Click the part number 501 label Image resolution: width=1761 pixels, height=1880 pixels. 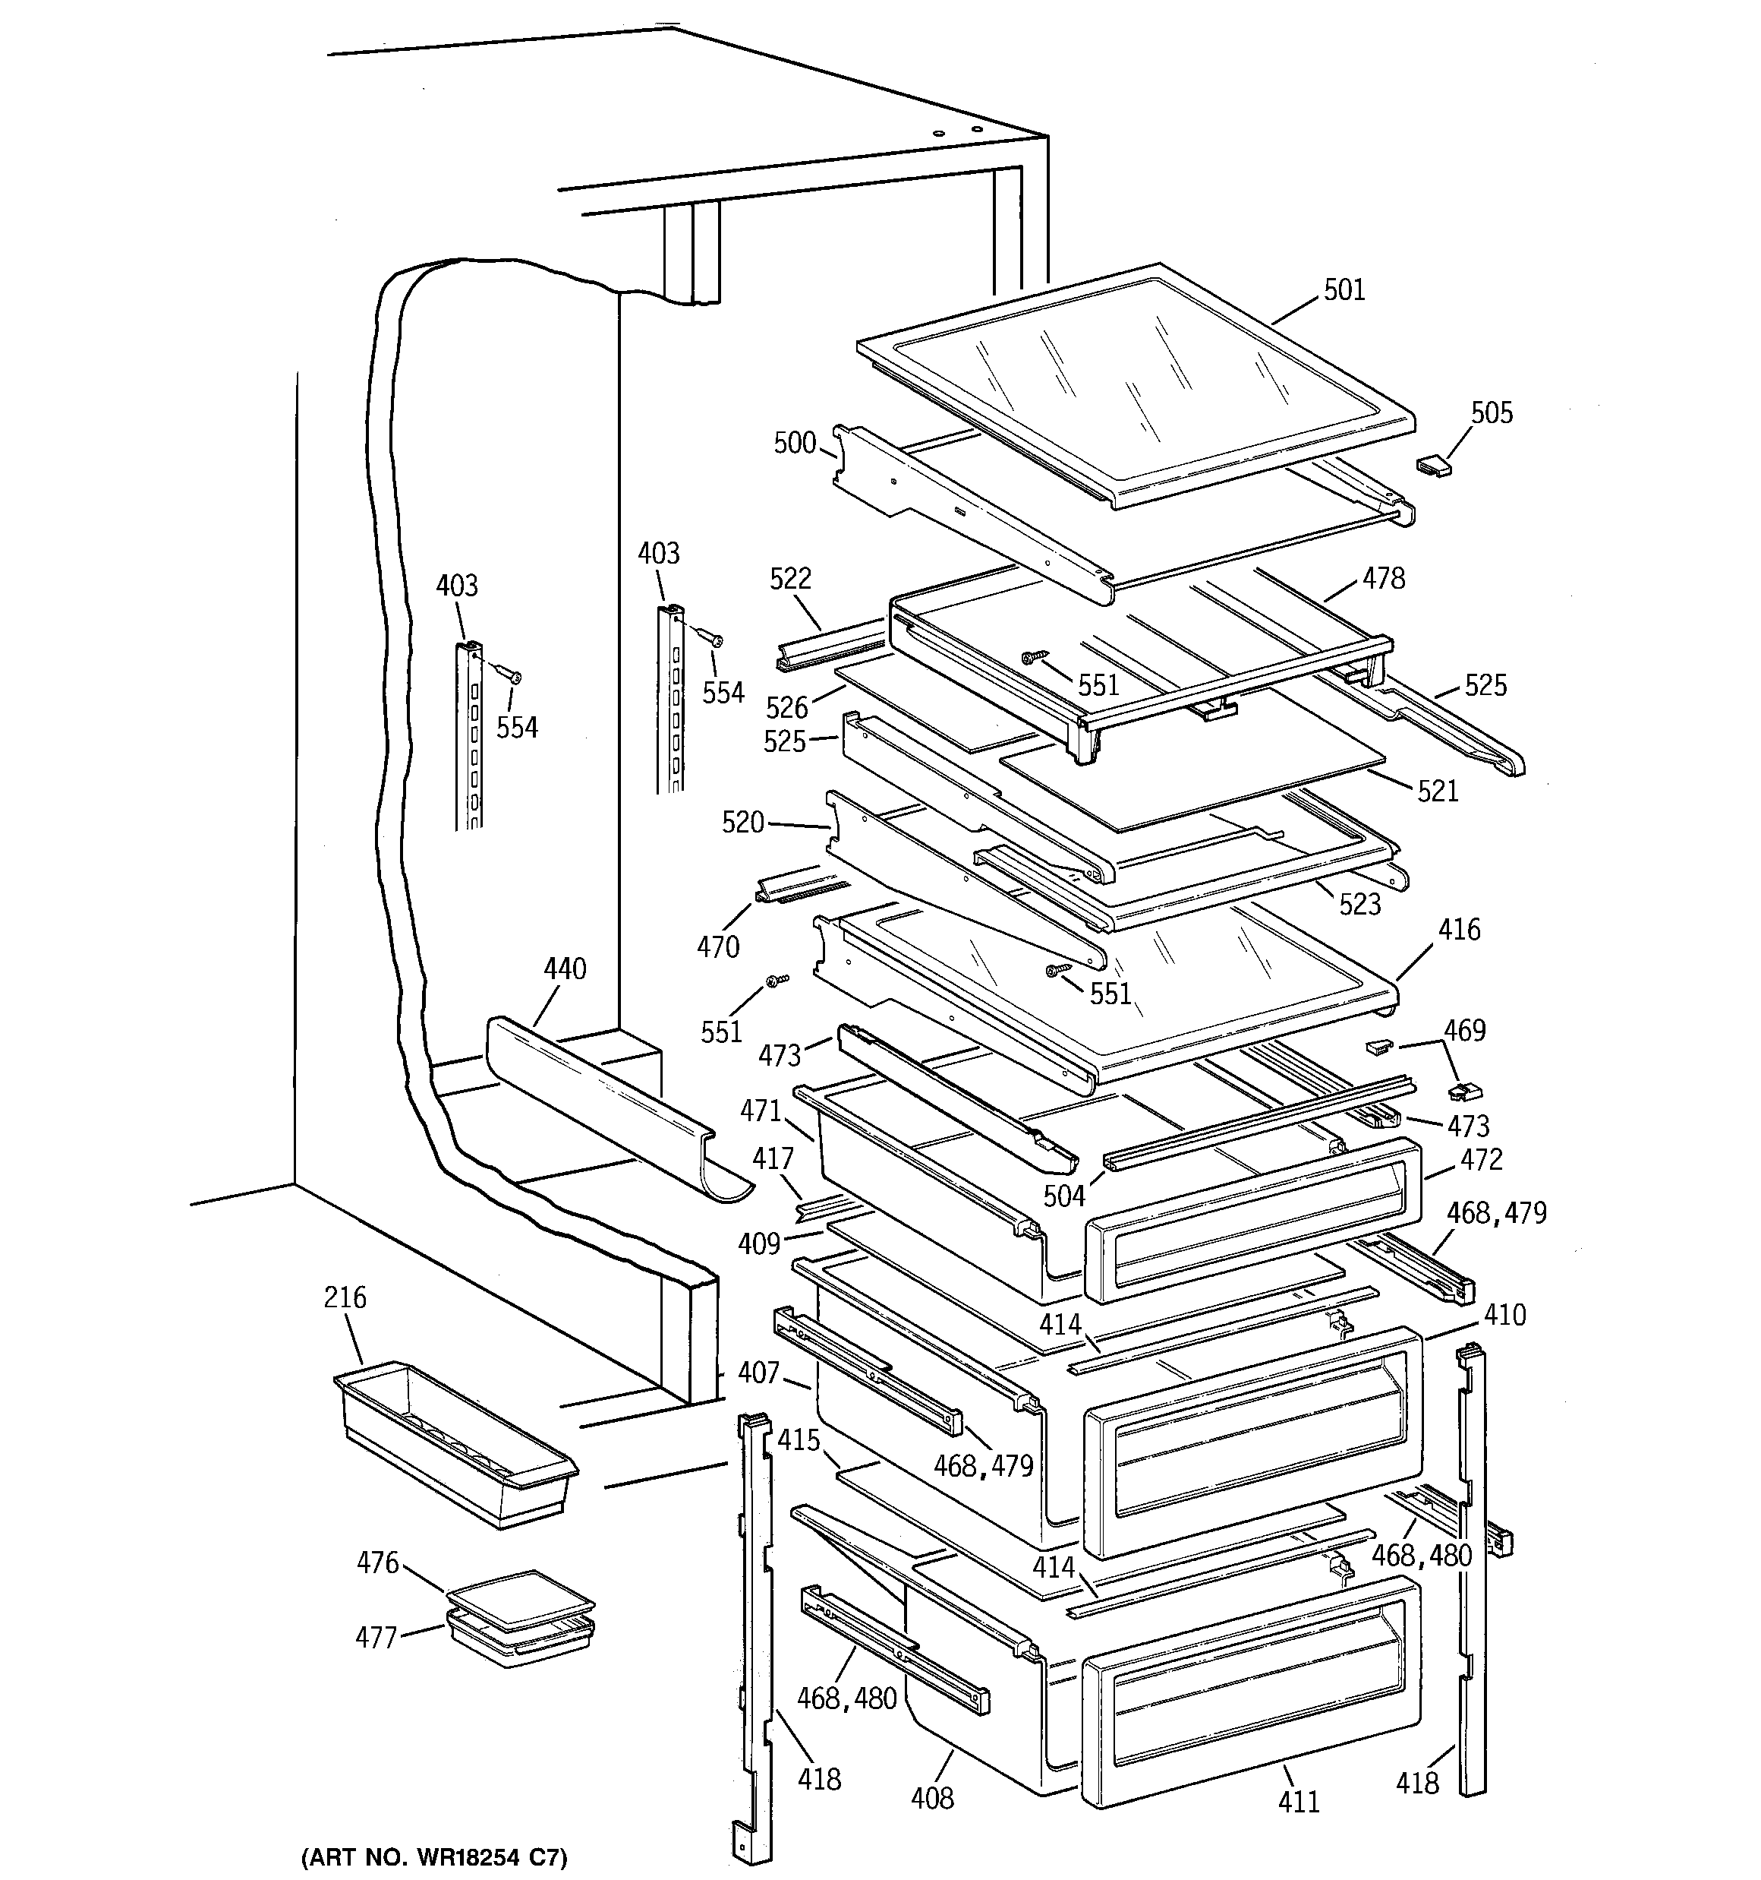click(x=1344, y=289)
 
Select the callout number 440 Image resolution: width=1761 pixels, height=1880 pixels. click(x=564, y=969)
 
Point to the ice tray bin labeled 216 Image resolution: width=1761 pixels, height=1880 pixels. click(x=454, y=1442)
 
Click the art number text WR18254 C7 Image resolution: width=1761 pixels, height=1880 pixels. click(x=434, y=1857)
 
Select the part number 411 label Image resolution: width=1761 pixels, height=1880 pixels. click(x=1299, y=1803)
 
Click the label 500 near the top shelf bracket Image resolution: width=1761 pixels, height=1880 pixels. click(x=794, y=443)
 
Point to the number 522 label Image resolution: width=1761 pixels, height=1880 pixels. click(x=790, y=578)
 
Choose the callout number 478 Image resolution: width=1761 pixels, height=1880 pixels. click(x=1384, y=578)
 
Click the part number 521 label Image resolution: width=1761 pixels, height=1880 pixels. click(x=1438, y=791)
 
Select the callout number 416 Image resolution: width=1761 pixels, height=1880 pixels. click(x=1459, y=930)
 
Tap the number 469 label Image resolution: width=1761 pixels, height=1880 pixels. click(x=1464, y=1030)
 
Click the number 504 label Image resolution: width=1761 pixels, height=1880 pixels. click(x=1064, y=1196)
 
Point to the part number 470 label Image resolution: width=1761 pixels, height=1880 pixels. click(x=717, y=946)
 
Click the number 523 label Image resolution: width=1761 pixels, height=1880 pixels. click(x=1359, y=904)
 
